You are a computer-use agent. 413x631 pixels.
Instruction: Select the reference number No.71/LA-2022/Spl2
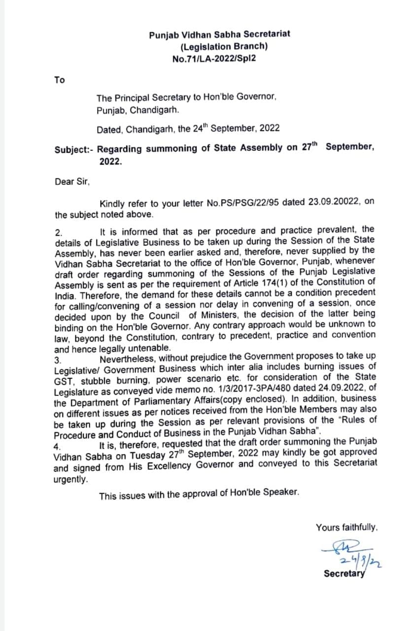click(214, 58)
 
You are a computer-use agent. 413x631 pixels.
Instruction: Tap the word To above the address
click(60, 80)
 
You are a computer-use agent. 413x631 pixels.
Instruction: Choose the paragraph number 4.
click(58, 446)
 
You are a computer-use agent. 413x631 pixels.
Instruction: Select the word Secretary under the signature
click(344, 574)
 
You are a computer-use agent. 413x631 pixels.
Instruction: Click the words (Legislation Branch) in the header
click(224, 46)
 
